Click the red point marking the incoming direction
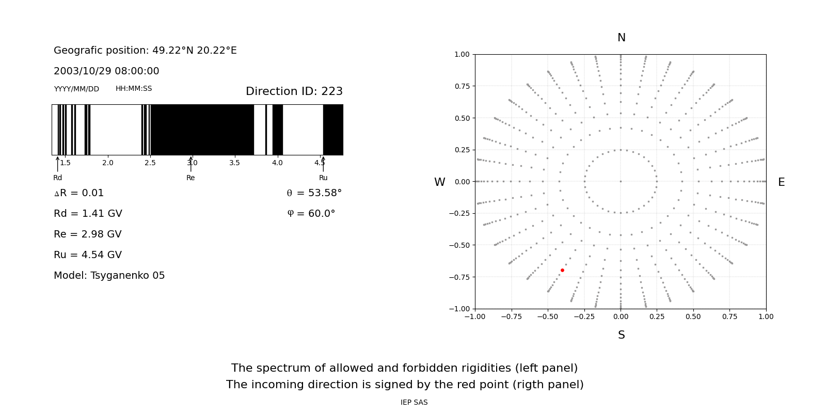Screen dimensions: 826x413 [562, 271]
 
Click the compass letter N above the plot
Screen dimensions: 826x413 [622, 38]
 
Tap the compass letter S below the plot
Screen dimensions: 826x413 [622, 335]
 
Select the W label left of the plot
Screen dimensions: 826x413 [439, 182]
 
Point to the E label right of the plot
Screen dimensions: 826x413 [782, 182]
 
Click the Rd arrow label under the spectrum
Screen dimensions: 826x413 [57, 178]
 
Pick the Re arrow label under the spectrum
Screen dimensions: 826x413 [190, 178]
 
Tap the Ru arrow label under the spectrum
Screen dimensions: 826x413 [323, 178]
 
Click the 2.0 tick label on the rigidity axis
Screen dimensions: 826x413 [108, 163]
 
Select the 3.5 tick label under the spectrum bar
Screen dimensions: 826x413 [234, 163]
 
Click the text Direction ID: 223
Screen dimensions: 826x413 [294, 91]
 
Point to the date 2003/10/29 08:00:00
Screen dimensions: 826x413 [106, 71]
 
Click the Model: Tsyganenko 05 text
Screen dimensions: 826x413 [109, 276]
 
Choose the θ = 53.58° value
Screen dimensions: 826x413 [314, 193]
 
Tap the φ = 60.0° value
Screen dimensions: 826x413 [311, 214]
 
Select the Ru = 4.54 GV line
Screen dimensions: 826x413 [88, 255]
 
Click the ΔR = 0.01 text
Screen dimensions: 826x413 [79, 193]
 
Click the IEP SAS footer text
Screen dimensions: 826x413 [414, 402]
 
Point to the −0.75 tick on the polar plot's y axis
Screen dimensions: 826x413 [459, 277]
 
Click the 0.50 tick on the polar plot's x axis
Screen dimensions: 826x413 [693, 317]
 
